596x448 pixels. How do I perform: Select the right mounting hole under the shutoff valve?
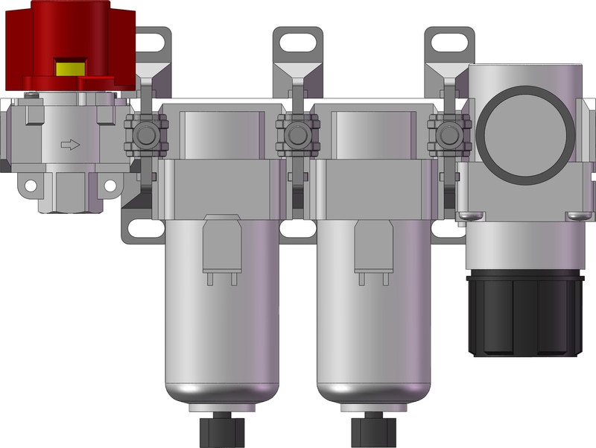[x=110, y=185]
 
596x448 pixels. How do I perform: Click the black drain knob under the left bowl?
[x=221, y=430]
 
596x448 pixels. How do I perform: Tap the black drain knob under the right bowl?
[x=372, y=430]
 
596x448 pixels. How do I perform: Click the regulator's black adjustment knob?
[x=524, y=313]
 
